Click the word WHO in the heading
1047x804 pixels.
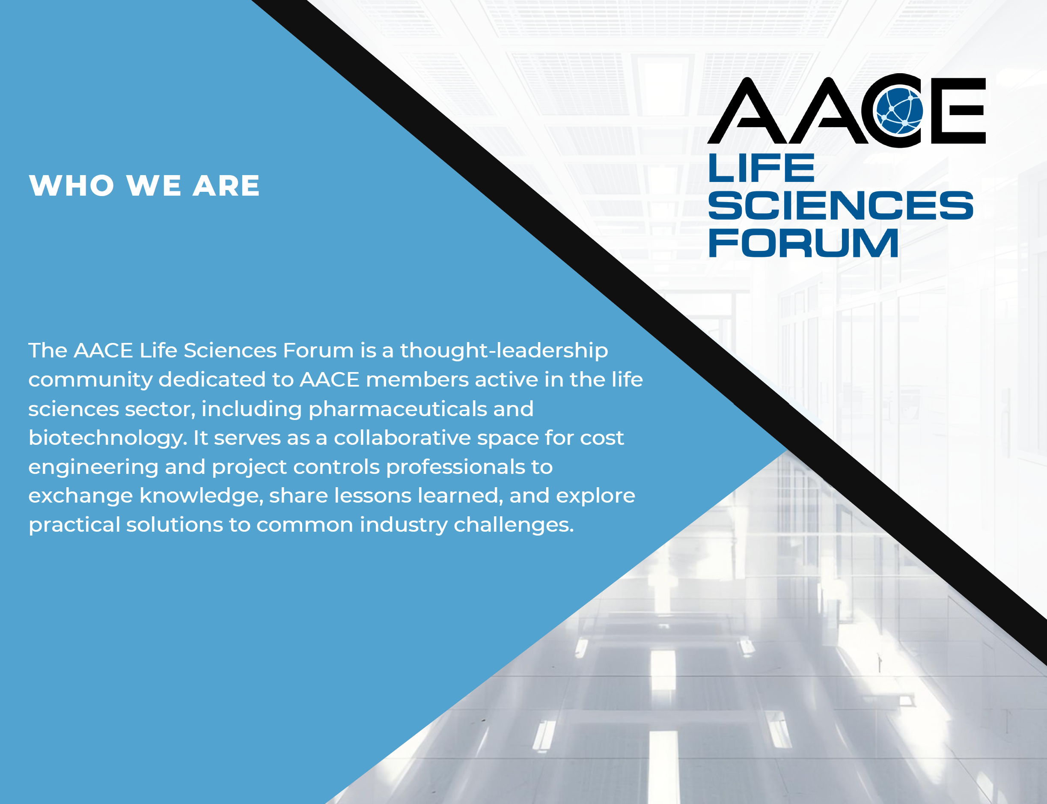click(72, 185)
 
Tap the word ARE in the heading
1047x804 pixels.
click(226, 185)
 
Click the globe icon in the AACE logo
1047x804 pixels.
click(898, 110)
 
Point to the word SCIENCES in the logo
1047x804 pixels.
click(841, 205)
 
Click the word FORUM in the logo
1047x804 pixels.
click(803, 243)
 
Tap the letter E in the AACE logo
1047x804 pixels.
click(958, 111)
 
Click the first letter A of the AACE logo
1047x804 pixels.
click(747, 111)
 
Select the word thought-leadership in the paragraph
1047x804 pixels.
click(504, 351)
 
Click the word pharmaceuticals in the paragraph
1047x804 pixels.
click(398, 410)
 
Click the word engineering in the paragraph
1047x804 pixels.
click(93, 468)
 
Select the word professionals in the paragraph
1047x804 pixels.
click(455, 468)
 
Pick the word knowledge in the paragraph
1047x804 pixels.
click(202, 496)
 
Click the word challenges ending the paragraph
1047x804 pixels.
click(514, 525)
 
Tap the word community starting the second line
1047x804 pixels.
click(90, 381)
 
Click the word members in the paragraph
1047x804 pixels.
click(417, 380)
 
